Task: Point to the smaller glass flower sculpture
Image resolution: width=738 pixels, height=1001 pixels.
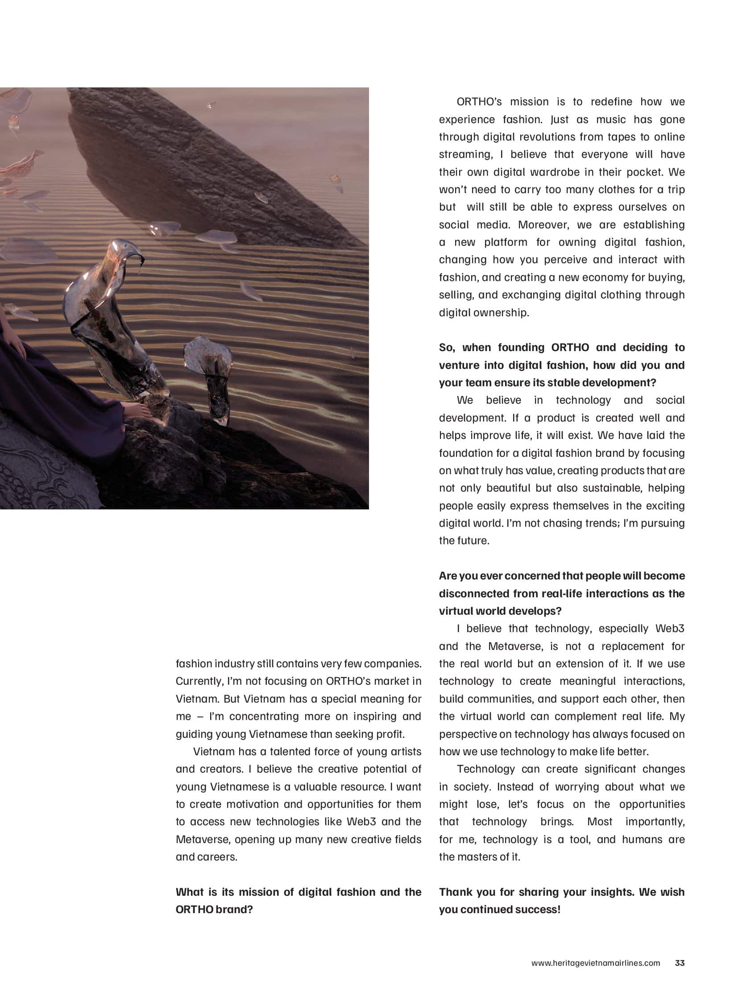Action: tap(213, 375)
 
